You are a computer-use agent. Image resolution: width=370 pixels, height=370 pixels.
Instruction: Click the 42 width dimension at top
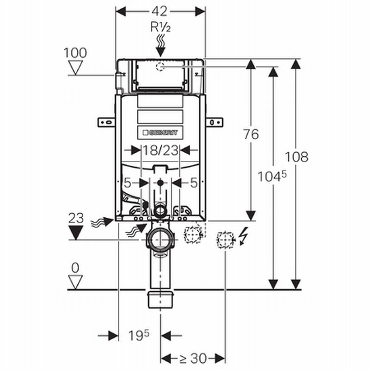pyautogui.click(x=160, y=11)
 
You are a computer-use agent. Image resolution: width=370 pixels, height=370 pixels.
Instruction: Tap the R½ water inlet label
pyautogui.click(x=160, y=27)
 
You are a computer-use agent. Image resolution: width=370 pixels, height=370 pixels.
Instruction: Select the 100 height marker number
pyautogui.click(x=75, y=53)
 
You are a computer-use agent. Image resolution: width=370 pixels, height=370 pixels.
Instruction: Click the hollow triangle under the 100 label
pyautogui.click(x=75, y=68)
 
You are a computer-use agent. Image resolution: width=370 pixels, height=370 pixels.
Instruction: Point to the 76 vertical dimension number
pyautogui.click(x=251, y=134)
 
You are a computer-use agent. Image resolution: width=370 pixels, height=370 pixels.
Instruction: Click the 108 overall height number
pyautogui.click(x=296, y=157)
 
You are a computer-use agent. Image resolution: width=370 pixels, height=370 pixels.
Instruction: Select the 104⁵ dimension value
pyautogui.click(x=272, y=176)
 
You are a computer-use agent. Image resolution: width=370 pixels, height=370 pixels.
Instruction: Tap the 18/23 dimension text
pyautogui.click(x=160, y=150)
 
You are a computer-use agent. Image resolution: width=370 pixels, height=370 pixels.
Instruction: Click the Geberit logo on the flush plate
pyautogui.click(x=160, y=133)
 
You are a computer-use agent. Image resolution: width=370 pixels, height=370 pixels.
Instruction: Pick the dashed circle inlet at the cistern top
pyautogui.click(x=160, y=67)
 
